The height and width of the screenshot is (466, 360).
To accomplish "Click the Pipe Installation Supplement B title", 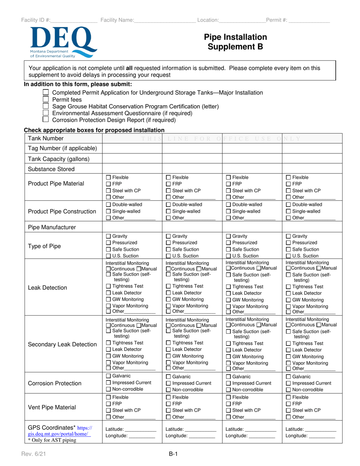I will (235, 42).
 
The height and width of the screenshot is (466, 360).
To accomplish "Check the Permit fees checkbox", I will (46, 100).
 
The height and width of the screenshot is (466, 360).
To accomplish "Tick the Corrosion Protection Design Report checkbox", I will (46, 120).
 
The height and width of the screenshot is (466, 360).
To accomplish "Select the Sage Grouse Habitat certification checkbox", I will (46, 106).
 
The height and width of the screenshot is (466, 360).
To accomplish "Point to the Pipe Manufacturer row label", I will (52, 227).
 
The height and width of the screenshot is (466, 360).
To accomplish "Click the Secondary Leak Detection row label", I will (63, 344).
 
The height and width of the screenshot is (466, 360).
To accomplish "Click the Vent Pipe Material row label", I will (52, 407).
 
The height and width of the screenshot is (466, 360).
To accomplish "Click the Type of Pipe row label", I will (45, 246).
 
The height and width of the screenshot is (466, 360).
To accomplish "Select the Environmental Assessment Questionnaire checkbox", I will (46, 113).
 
